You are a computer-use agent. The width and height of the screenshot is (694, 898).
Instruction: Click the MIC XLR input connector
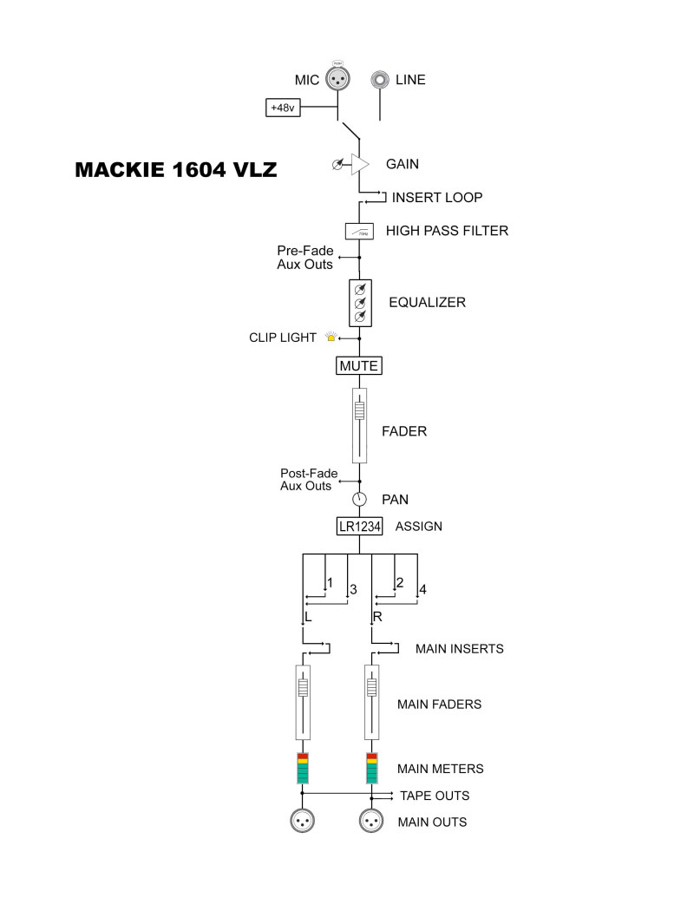coord(337,78)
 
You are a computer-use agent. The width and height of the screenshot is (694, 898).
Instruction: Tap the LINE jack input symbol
coord(380,80)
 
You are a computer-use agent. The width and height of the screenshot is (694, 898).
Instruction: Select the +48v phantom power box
coord(283,108)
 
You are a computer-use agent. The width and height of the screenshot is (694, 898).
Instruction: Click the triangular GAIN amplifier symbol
coord(360,164)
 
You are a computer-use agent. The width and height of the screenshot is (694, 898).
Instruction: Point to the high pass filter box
coord(360,232)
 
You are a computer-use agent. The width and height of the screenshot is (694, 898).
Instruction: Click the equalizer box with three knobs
coord(360,303)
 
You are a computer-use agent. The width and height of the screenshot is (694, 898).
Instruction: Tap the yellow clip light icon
coord(331,337)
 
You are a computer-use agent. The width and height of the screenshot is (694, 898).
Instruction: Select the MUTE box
coord(359,366)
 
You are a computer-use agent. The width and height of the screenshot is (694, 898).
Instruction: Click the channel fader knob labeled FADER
coord(360,410)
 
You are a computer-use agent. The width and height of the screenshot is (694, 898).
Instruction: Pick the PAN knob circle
coord(360,500)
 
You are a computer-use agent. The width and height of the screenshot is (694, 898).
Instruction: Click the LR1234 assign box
coord(360,527)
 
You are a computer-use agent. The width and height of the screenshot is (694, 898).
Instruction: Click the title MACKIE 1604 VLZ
coord(176,169)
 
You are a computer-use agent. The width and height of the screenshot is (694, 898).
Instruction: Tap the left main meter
coord(303,768)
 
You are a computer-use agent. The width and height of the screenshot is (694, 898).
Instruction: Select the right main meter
coord(371,768)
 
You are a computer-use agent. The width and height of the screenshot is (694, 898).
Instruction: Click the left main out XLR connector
coord(303,821)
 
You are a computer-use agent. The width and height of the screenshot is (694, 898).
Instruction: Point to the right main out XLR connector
coord(371,821)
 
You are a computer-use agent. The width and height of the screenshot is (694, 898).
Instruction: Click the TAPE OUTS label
coord(435,796)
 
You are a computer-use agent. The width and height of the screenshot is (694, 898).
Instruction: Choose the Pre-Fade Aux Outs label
coord(305,258)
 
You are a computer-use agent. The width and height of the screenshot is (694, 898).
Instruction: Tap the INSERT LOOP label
coord(437,198)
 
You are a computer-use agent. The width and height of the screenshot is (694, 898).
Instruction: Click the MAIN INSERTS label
coord(460,649)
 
